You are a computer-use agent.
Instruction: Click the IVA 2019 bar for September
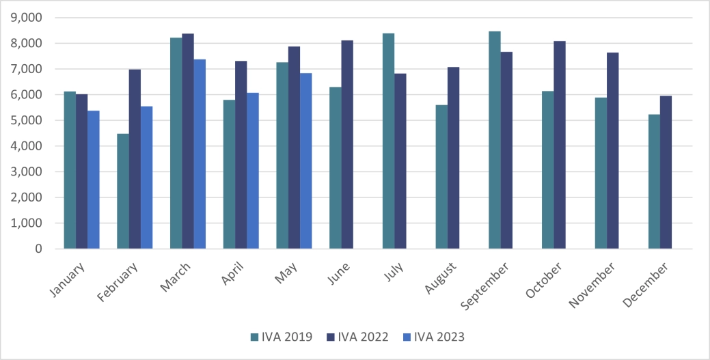(495, 140)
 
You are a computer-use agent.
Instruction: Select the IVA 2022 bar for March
(188, 141)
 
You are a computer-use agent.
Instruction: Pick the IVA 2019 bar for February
(123, 191)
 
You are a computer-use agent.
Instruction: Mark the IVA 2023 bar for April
(253, 171)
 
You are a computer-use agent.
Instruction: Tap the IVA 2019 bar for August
(441, 177)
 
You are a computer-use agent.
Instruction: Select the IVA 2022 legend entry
(358, 337)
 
